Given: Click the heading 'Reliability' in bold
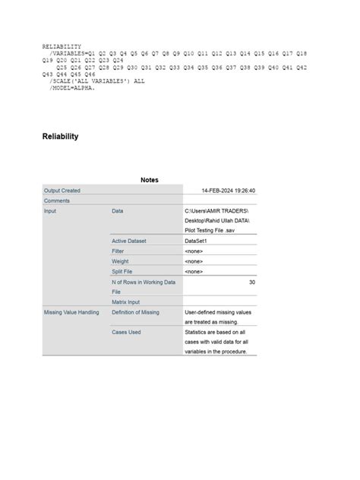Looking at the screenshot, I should pyautogui.click(x=60, y=137).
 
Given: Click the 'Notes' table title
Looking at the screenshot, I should pyautogui.click(x=150, y=180).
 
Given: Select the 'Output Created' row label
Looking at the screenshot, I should pyautogui.click(x=62, y=191).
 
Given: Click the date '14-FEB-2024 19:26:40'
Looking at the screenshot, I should pyautogui.click(x=228, y=191).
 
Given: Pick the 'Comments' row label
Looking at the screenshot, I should pyautogui.click(x=57, y=201).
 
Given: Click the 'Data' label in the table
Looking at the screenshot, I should pyautogui.click(x=118, y=210).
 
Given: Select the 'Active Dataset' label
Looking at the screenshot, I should pyautogui.click(x=128, y=241).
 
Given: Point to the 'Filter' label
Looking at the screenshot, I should pyautogui.click(x=118, y=251).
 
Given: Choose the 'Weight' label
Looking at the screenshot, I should pyautogui.click(x=120, y=261).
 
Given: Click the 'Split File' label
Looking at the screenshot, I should pyautogui.click(x=123, y=271).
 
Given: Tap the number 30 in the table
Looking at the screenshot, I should pyautogui.click(x=251, y=282).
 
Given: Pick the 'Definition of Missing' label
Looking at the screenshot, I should pyautogui.click(x=139, y=312).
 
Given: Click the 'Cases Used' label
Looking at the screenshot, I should pyautogui.click(x=126, y=332).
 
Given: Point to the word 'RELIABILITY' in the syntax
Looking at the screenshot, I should pyautogui.click(x=62, y=46).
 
